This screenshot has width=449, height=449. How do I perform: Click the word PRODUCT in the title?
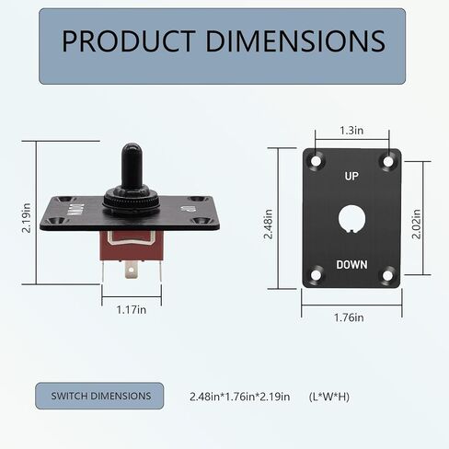(x=120, y=40)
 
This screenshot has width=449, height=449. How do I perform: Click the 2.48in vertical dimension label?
(x=268, y=222)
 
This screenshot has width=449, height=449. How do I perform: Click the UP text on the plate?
(x=351, y=176)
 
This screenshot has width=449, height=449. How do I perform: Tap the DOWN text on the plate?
(x=351, y=265)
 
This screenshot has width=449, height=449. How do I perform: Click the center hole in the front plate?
(x=351, y=219)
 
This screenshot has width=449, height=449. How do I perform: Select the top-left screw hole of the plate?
(x=316, y=162)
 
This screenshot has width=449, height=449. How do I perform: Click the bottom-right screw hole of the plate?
(x=387, y=273)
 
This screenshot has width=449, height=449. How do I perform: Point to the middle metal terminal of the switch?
(x=132, y=270)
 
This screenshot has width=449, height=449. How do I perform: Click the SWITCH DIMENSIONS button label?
(x=100, y=396)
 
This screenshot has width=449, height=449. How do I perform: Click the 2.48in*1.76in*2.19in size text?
(x=239, y=397)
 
